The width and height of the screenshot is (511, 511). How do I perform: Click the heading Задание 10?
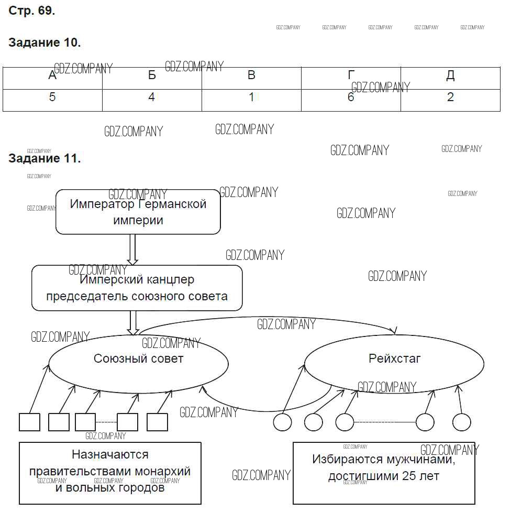pos(45,43)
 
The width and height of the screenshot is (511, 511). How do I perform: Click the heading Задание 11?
pos(45,158)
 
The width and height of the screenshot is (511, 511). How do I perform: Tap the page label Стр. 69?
pos(31,11)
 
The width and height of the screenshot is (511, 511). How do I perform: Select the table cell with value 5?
pos(52,97)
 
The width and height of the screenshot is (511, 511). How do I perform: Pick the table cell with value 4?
pos(152,97)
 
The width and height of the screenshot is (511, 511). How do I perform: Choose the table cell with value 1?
pos(251,97)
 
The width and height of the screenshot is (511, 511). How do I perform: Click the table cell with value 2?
pos(450,97)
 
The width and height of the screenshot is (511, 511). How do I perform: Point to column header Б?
pos(152,75)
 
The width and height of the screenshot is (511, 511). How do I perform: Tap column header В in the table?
pos(251,75)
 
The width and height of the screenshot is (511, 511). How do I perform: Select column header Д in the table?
pos(450,75)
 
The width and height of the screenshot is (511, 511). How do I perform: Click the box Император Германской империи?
pos(138,212)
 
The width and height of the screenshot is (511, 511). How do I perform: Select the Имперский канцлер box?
pos(137,288)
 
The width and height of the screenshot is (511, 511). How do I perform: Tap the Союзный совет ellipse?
pos(139,362)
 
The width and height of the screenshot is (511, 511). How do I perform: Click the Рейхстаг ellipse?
pos(394,362)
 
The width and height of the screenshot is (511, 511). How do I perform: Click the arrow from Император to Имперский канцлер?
pos(132,249)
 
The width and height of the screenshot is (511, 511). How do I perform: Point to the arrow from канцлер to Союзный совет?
pos(133,323)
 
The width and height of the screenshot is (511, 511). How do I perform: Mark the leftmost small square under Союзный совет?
pos(29,422)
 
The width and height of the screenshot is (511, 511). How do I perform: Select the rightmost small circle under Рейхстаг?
pos(462,422)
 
